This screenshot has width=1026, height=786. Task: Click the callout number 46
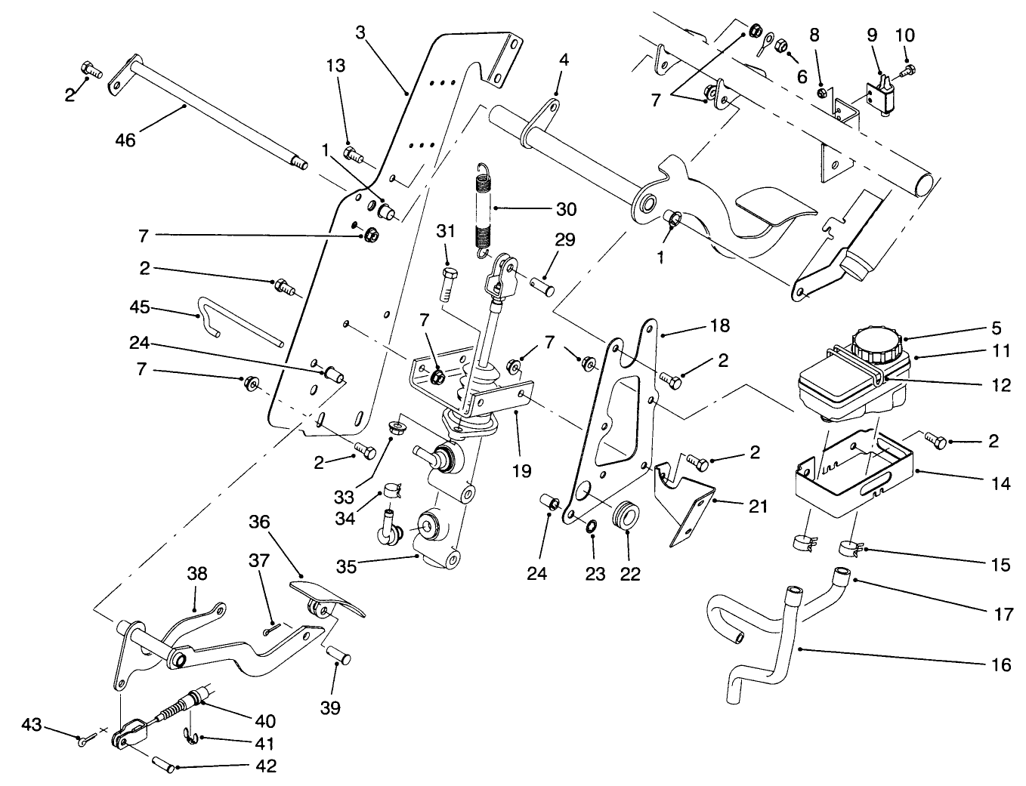(125, 140)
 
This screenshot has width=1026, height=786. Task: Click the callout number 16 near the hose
(1000, 664)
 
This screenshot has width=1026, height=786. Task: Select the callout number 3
(360, 32)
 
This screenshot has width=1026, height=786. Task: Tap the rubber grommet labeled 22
(626, 515)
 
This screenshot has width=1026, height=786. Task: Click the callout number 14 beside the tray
(1000, 483)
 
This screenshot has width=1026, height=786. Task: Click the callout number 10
(904, 35)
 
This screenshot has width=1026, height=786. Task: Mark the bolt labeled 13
(353, 155)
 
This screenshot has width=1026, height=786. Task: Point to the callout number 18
(719, 325)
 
